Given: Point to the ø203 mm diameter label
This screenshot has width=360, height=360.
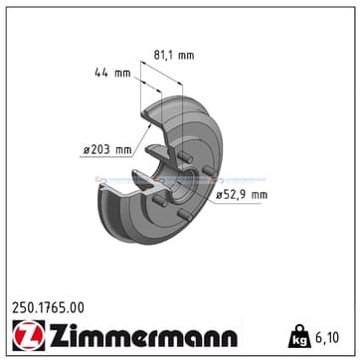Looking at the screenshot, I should (x=107, y=150).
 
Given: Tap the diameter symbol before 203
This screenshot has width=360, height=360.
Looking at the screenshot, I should (x=88, y=150).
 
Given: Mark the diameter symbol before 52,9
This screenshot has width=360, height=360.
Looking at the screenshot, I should (x=219, y=195).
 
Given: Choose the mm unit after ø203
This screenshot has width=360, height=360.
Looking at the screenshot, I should (x=123, y=150).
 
